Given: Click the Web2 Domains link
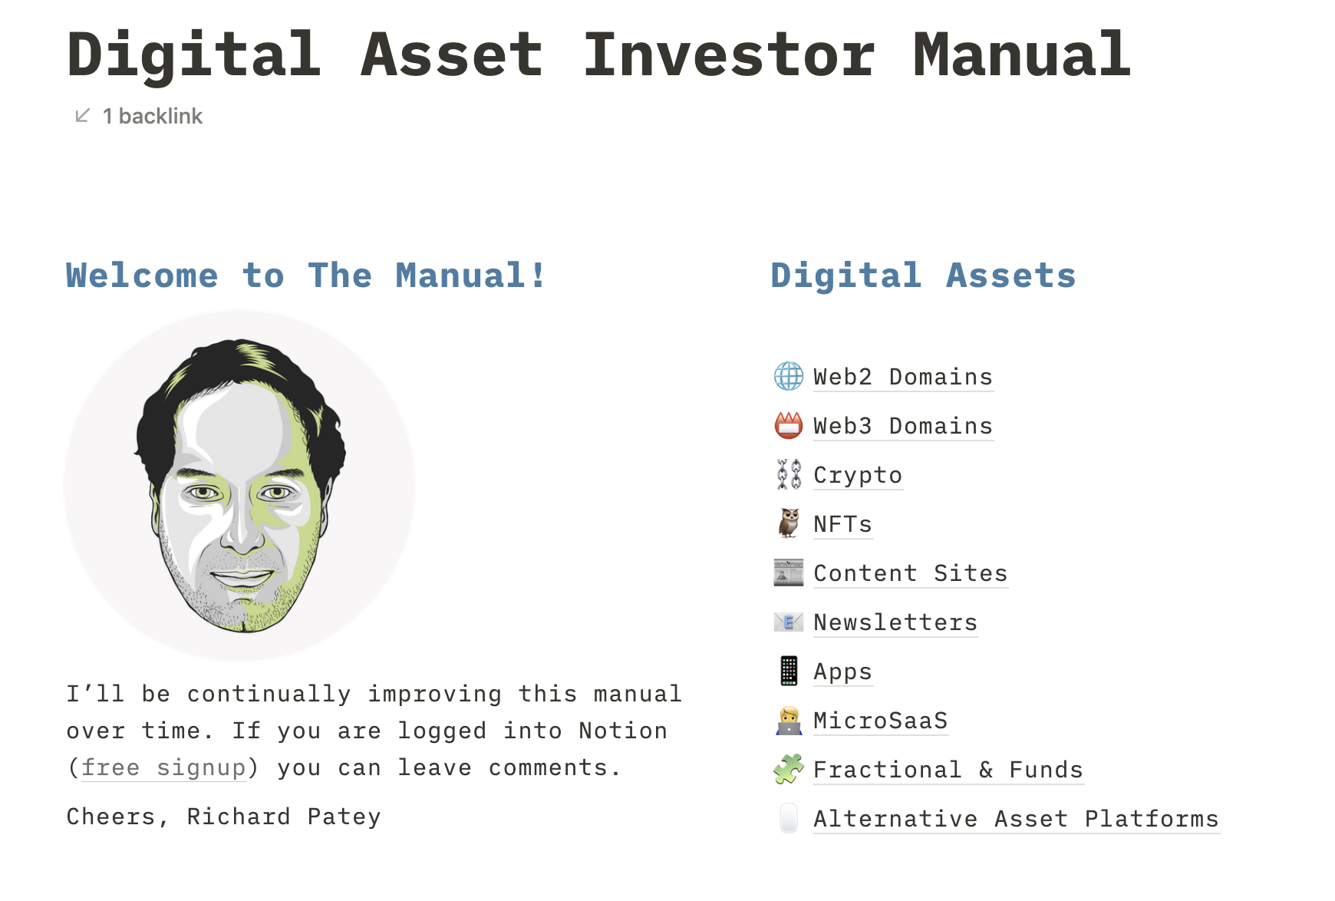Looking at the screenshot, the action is [x=903, y=377].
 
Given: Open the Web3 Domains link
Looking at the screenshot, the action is [x=903, y=426].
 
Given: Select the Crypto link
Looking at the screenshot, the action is [x=858, y=476].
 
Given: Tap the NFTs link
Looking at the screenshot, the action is [x=842, y=524].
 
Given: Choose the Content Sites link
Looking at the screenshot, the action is [x=910, y=573].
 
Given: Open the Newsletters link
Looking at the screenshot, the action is [x=895, y=622].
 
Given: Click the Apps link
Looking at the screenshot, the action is [x=842, y=672].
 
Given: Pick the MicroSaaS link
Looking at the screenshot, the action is [x=880, y=721].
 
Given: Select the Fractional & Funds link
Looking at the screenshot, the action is [x=948, y=770].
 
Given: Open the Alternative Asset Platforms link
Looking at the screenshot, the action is [x=1016, y=819].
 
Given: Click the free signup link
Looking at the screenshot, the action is [x=163, y=768].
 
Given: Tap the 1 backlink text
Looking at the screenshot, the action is [x=152, y=116].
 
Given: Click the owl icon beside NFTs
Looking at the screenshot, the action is [x=789, y=523].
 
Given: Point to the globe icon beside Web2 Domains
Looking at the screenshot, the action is [x=789, y=376].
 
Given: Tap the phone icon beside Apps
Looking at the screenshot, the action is [x=789, y=671].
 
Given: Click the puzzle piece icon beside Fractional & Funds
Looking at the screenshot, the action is [x=789, y=769].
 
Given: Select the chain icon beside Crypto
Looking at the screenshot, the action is [x=789, y=474].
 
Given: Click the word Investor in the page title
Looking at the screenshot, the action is [x=728, y=54].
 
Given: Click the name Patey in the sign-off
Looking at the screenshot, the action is [x=344, y=817].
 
